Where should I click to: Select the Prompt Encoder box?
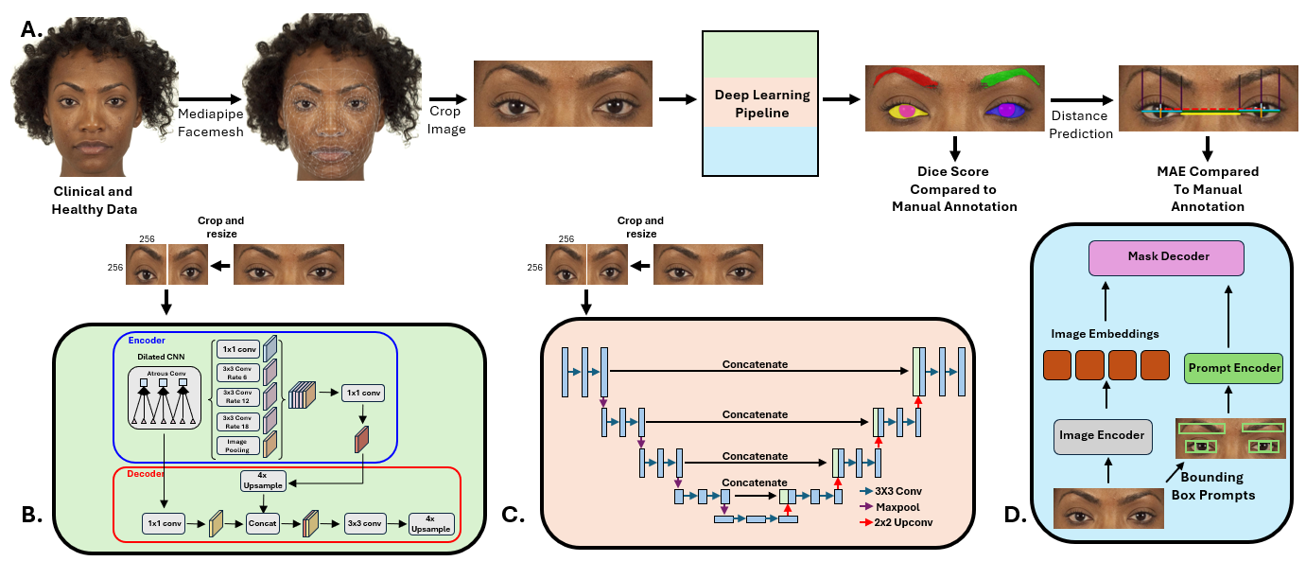click(1234, 368)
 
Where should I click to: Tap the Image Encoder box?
click(1103, 436)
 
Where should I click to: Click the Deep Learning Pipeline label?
click(762, 104)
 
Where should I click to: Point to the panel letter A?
click(31, 29)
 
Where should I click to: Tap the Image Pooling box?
click(236, 444)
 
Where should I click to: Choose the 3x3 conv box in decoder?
click(363, 522)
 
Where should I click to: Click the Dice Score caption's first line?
click(954, 172)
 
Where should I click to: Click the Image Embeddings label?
click(1105, 333)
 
